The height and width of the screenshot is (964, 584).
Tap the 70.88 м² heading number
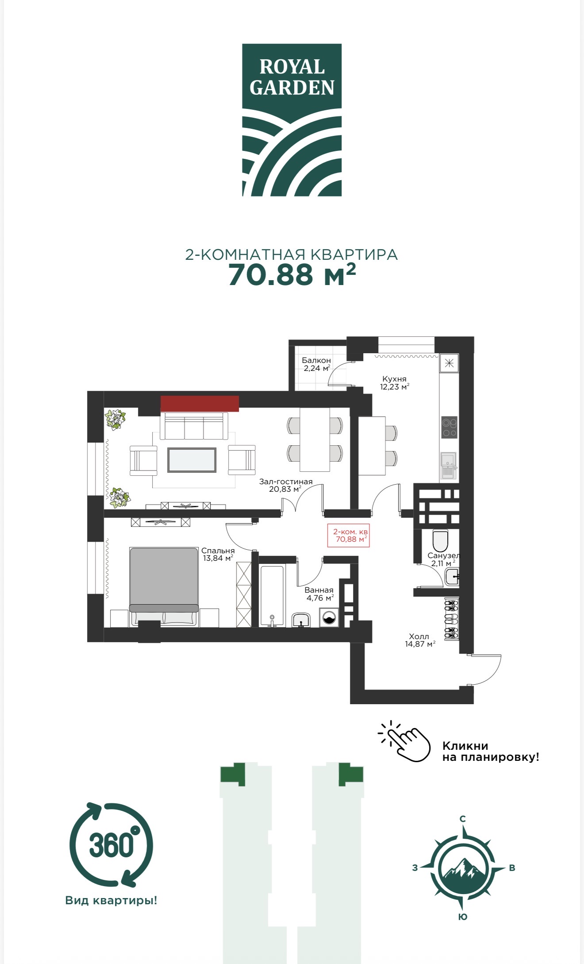click(292, 274)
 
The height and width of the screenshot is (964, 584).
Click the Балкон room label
click(316, 360)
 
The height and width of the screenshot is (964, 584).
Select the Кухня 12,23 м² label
click(394, 383)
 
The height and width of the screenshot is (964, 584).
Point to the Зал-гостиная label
click(286, 482)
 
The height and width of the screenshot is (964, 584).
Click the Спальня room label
click(218, 551)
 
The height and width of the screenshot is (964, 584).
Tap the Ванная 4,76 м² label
click(319, 594)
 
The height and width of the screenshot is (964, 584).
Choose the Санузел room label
click(443, 555)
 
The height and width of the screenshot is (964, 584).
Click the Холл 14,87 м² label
click(420, 640)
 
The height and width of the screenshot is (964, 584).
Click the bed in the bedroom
click(164, 587)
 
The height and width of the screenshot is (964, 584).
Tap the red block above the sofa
click(200, 404)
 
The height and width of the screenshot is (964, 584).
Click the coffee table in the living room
click(192, 460)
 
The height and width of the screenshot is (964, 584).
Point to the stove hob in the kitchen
click(450, 427)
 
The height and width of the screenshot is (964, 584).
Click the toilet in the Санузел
click(440, 540)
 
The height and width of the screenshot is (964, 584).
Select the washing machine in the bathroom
click(329, 617)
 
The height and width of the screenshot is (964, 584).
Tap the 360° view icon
click(111, 845)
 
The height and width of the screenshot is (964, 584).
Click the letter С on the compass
click(463, 819)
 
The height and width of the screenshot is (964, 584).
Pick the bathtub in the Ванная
click(272, 596)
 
